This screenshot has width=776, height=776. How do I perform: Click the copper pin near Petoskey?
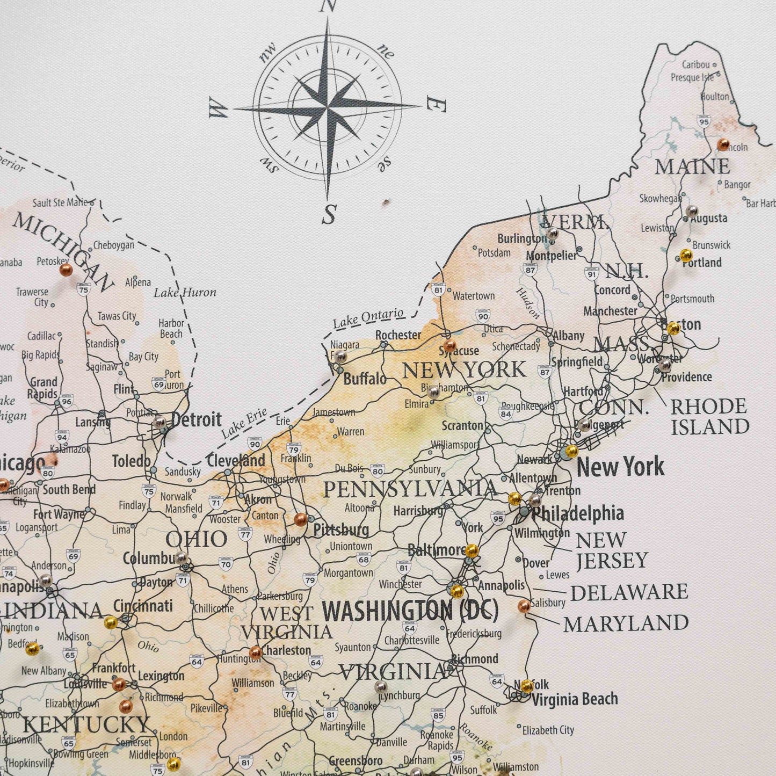pos(66,270)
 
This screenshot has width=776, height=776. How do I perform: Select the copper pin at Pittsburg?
pos(301,519)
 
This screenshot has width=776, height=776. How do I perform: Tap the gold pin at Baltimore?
pos(472,550)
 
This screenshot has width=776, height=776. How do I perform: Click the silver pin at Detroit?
pos(159,422)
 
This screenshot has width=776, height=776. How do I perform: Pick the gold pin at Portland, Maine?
pos(686,255)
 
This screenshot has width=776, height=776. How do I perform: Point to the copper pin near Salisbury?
pos(524,606)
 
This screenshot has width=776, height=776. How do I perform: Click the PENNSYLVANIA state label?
pos(410,489)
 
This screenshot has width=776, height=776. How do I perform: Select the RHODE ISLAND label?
pos(709,416)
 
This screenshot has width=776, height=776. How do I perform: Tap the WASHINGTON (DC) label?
pos(410,611)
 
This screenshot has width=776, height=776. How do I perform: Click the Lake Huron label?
pos(185,293)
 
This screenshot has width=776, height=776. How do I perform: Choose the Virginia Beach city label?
pos(575,699)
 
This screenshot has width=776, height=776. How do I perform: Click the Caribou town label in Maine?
pos(695,64)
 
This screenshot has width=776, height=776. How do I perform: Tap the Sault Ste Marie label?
pos(60,202)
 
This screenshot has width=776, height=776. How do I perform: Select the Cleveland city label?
pos(236,460)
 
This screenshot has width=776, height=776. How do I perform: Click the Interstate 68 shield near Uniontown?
pos(364,560)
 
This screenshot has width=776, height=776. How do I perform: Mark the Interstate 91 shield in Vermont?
pos(591,273)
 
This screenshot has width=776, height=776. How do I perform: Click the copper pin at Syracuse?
pos(449,345)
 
